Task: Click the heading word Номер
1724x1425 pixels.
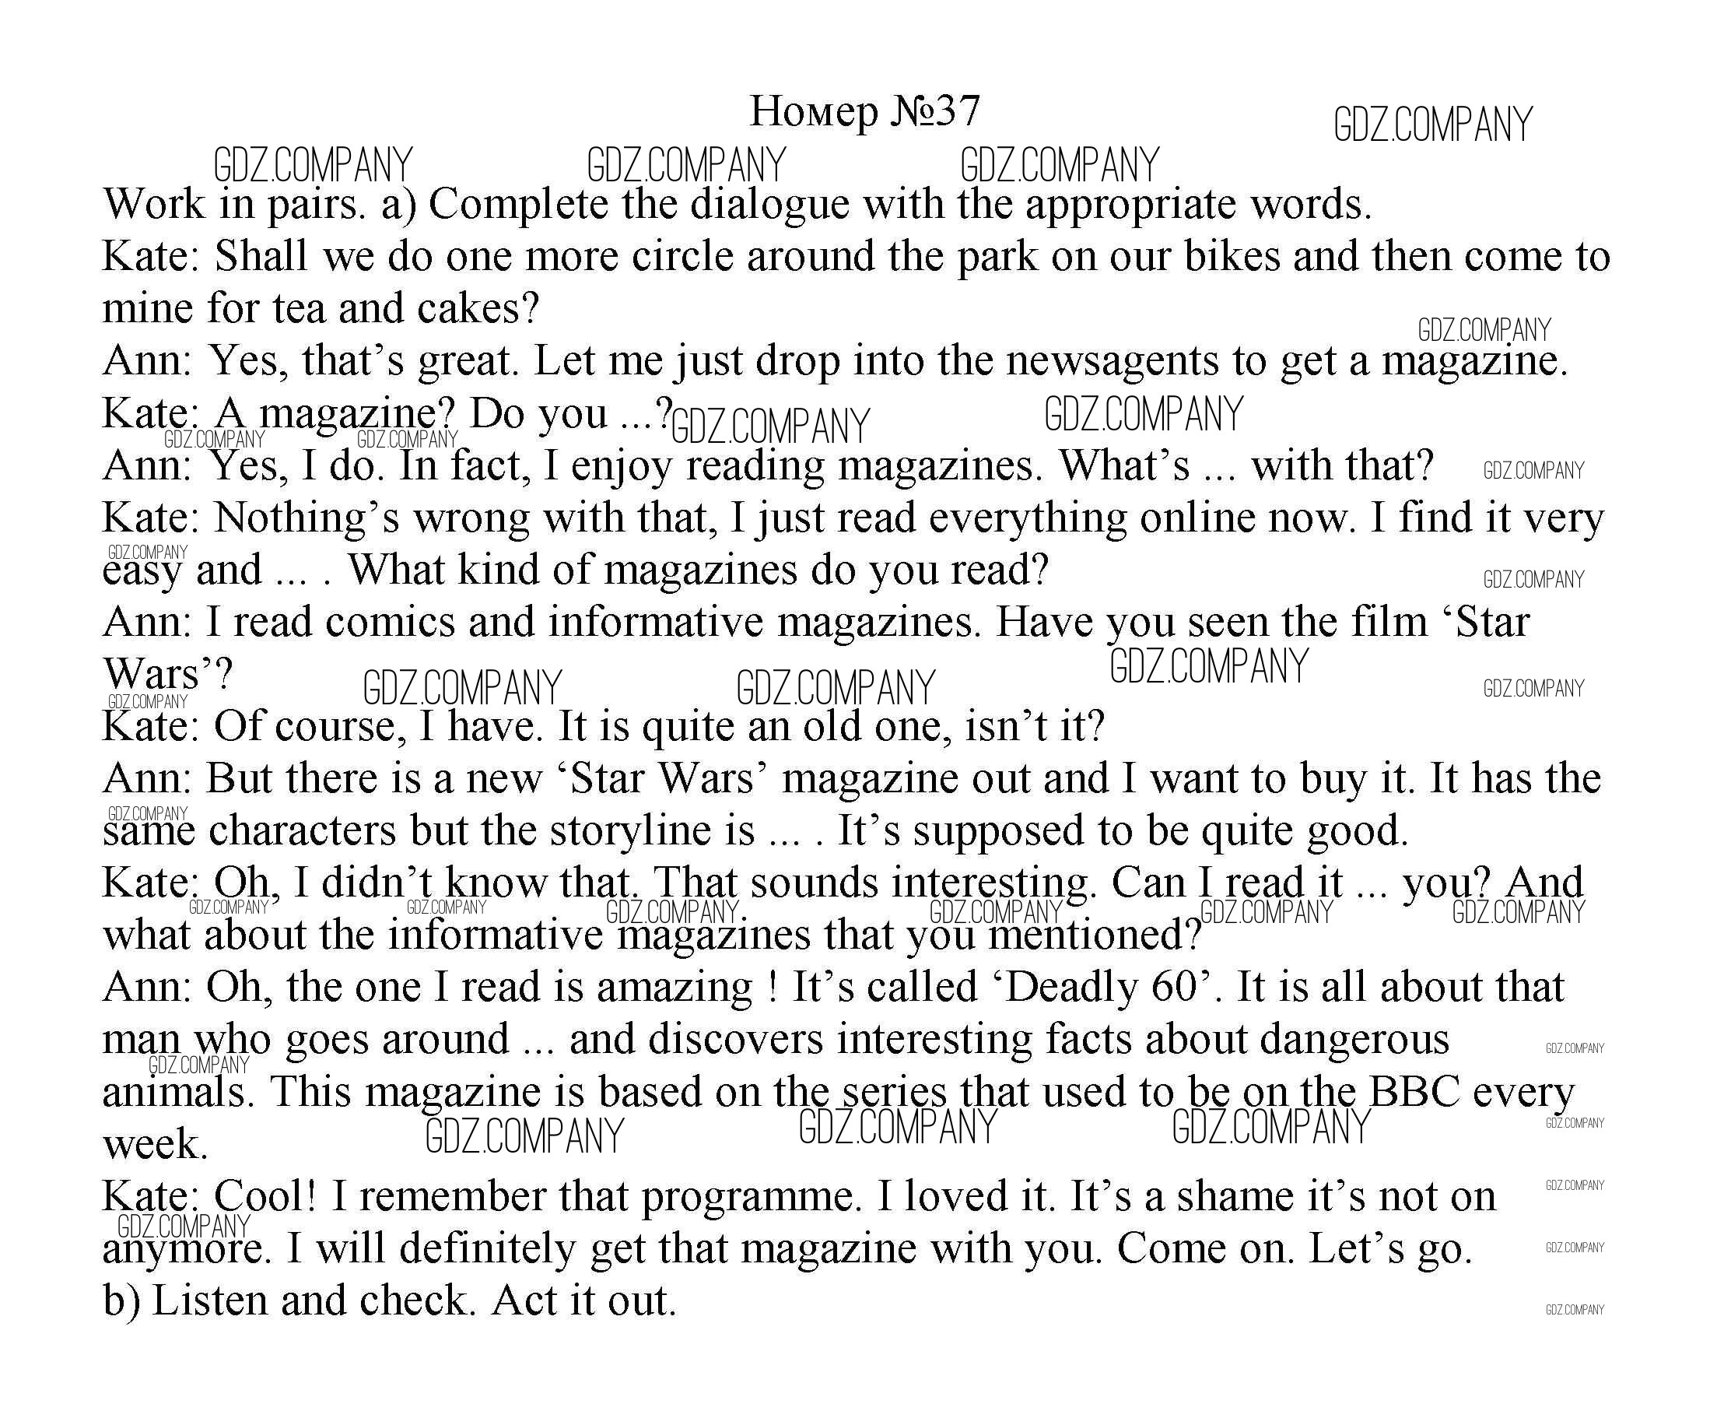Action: tap(813, 111)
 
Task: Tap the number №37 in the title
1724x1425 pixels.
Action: tap(934, 111)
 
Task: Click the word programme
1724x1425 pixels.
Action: tap(748, 1197)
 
